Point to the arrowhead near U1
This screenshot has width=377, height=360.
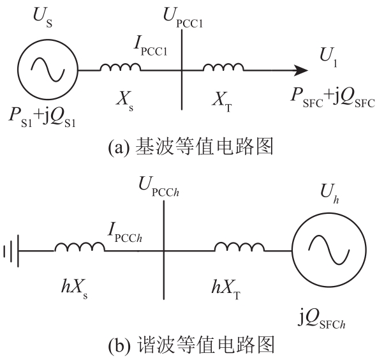(301, 70)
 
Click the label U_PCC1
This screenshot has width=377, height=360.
(183, 18)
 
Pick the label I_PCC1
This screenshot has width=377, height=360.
(151, 47)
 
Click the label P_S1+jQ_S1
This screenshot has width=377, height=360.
(42, 117)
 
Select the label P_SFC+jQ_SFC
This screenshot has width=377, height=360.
(333, 98)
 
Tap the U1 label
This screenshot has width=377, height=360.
(329, 57)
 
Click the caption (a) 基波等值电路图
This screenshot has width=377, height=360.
(191, 147)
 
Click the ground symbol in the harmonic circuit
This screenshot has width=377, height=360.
(11, 251)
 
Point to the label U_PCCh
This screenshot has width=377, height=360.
(159, 186)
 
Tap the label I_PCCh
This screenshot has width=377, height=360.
(125, 232)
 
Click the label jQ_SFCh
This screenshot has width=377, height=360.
(322, 319)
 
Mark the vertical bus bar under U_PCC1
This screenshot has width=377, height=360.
(182, 70)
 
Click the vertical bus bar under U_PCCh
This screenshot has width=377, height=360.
(164, 250)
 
